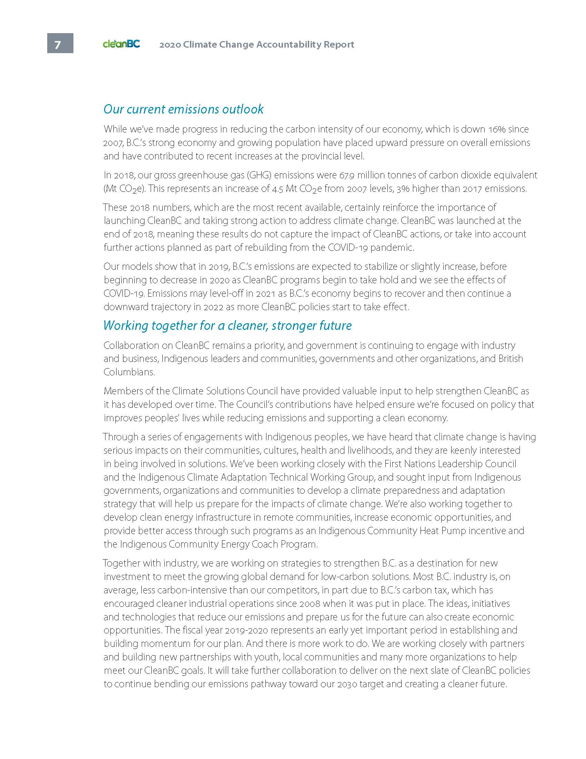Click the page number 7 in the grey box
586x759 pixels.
tap(58, 45)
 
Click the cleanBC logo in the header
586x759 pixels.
tap(121, 44)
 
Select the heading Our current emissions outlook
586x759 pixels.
tap(183, 109)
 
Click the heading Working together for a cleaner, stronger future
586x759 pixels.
tap(228, 325)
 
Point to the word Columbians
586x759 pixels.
tap(129, 372)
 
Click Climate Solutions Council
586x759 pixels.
tap(225, 391)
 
